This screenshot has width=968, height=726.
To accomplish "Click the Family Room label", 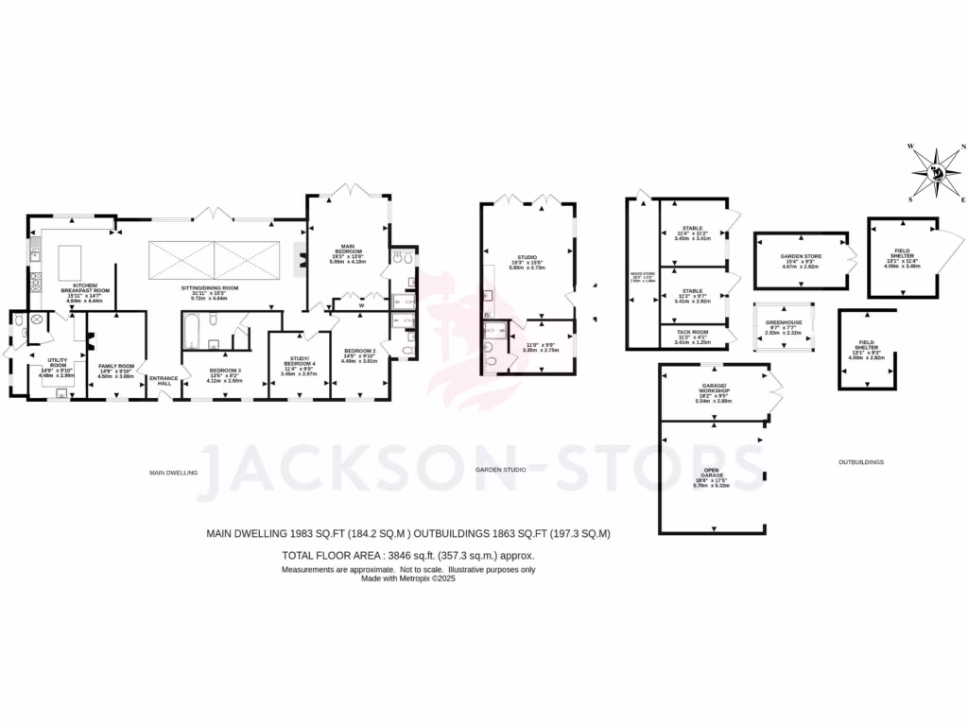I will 116,367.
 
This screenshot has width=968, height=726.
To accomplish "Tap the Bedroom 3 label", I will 225,370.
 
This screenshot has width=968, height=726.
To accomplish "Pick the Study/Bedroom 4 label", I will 298,364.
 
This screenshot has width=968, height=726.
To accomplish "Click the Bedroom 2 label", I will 359,351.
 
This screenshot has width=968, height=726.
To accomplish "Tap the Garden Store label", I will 800,257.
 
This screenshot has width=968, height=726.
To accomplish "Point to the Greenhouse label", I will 783,322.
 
